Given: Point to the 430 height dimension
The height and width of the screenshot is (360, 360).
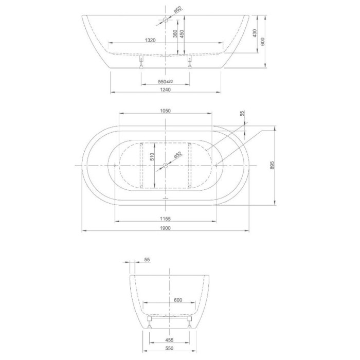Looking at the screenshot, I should [x=254, y=33].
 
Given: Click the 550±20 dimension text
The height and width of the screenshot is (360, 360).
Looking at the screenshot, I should [x=165, y=81].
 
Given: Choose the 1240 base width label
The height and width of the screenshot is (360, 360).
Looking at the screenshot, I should [x=165, y=89].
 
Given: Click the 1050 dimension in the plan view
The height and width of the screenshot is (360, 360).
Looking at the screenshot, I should [x=165, y=111].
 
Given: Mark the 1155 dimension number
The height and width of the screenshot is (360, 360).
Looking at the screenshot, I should [x=165, y=219].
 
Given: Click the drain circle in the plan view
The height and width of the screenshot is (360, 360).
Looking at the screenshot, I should [x=165, y=165].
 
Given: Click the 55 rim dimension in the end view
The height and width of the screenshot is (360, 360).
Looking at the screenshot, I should [x=147, y=261].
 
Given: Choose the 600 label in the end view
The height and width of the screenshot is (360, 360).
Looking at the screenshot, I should [x=178, y=300].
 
